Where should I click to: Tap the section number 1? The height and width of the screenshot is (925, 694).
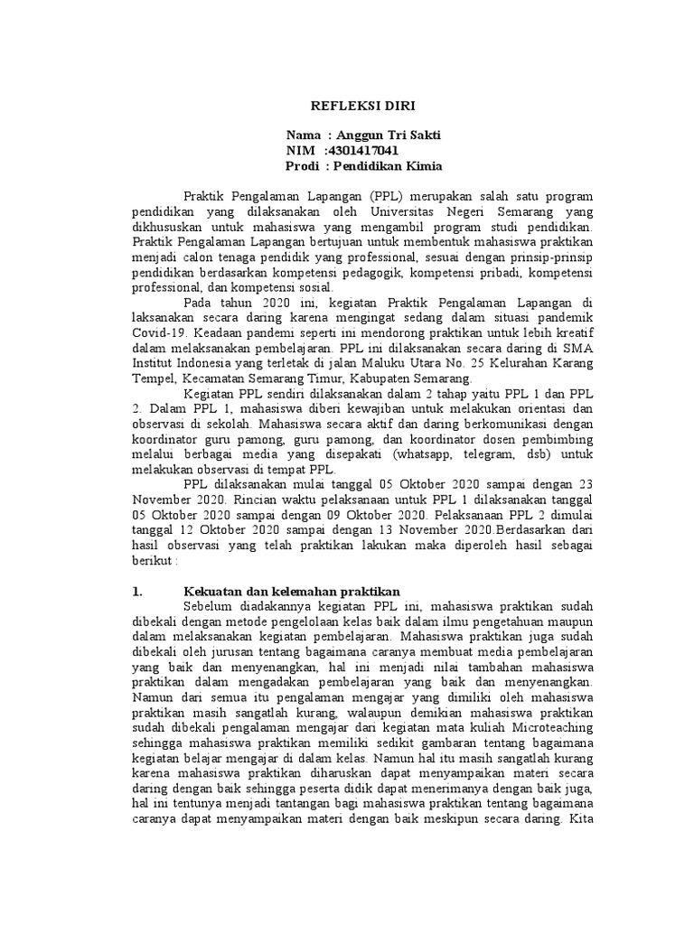137,593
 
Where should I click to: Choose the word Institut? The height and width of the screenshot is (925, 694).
157,363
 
